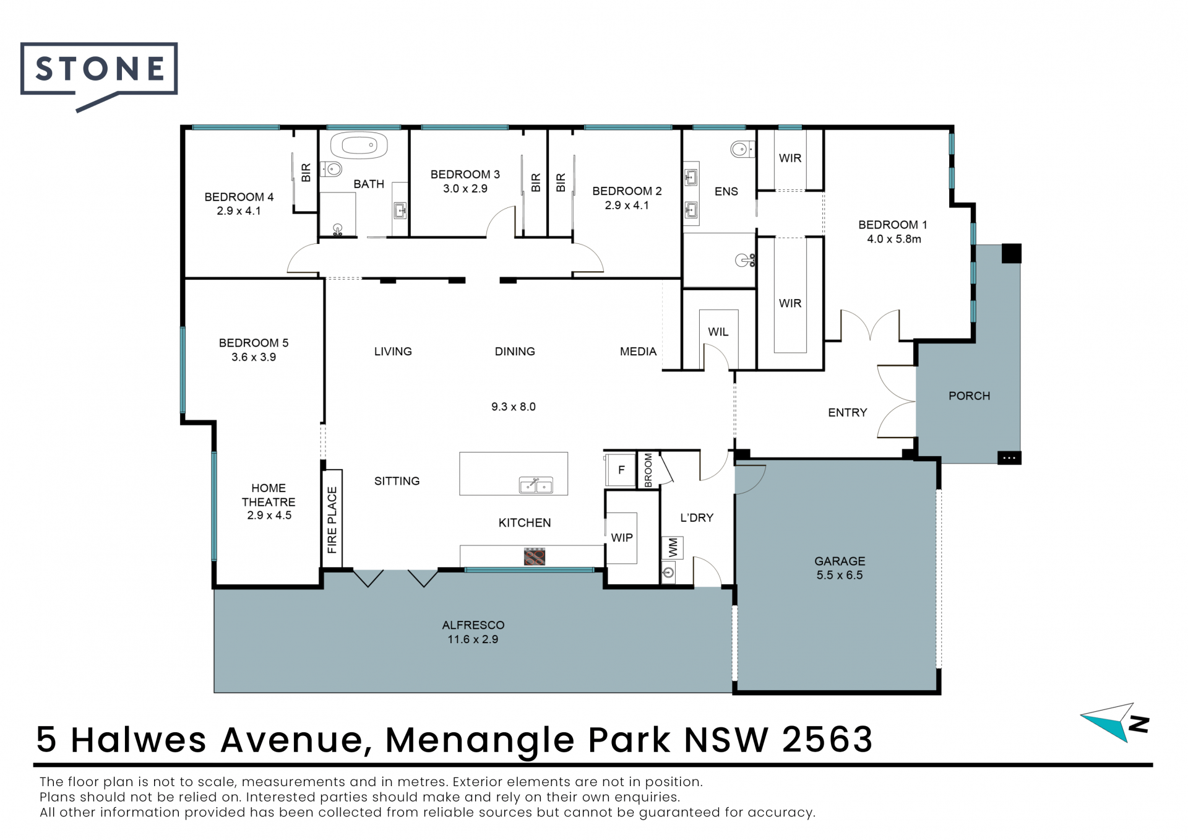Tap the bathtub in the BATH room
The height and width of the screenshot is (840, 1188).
coord(359,146)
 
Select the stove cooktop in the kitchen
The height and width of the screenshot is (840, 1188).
coord(535,556)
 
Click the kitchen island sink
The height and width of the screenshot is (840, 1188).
coord(536,485)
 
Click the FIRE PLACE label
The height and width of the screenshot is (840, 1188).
coord(332,520)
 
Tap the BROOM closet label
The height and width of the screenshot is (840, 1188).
coord(648,470)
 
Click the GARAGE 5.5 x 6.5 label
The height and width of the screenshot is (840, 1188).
coord(840,568)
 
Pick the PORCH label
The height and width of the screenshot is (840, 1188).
coord(969,396)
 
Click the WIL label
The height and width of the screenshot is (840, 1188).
coord(718,332)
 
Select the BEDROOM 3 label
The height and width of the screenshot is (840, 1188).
coord(465,175)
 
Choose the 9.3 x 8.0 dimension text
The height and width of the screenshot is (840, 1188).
coord(514,407)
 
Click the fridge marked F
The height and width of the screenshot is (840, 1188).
coord(621,470)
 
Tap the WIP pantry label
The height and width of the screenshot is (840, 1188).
coord(622,538)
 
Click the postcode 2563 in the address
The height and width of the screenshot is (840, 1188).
coord(827,739)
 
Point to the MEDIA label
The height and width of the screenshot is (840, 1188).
coord(638,352)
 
